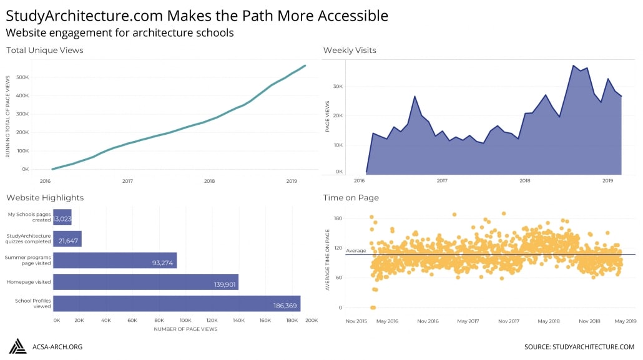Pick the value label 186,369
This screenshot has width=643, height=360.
click(285, 306)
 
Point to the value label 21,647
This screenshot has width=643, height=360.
click(69, 241)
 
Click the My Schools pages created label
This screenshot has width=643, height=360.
click(29, 217)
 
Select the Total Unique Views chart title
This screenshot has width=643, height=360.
click(45, 51)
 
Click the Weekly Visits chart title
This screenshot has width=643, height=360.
click(350, 51)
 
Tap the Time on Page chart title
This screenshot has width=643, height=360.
click(351, 198)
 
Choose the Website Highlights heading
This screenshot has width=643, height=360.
click(45, 198)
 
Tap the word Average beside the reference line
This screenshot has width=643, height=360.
click(356, 251)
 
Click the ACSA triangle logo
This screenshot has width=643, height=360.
click(17, 346)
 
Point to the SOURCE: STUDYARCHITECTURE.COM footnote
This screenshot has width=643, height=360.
click(579, 347)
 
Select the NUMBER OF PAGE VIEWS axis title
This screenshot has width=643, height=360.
click(185, 329)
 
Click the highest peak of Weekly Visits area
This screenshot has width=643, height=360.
click(572, 65)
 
